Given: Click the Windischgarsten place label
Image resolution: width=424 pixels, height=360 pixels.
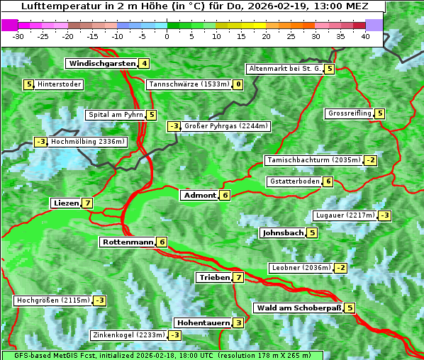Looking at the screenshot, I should pos(101,64).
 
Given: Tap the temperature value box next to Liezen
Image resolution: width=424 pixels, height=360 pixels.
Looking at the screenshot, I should pos(87,203).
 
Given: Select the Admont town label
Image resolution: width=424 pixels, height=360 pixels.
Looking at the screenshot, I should pos(199,196).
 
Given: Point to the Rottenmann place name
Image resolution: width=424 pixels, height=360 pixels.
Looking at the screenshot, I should pos(128,242).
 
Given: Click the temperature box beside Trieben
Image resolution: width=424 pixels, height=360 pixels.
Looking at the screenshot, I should pos(238,278).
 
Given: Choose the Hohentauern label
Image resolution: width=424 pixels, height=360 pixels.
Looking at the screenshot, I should pos(203,323).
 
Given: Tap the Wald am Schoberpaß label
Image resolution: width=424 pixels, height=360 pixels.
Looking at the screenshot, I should pos(298,308).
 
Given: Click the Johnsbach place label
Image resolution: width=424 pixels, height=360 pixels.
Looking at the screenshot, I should pos(283,233).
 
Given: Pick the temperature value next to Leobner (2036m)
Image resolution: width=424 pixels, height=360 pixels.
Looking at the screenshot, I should pos(341,268).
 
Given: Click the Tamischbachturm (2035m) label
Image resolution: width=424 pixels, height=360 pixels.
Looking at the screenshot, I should pos(313,160).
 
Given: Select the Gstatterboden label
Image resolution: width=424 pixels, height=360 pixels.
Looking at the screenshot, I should pos(294,181).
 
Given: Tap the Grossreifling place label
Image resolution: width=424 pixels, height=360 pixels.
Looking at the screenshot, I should pos(350,113).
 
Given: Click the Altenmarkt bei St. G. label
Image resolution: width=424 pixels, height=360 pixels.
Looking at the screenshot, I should pos(284,69).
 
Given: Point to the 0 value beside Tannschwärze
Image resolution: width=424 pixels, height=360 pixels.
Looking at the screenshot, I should pos(238,85).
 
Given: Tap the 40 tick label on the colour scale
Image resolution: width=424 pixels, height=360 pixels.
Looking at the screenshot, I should pos(365,36).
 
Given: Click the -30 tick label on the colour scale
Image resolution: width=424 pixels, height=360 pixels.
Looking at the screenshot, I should pos(18,36).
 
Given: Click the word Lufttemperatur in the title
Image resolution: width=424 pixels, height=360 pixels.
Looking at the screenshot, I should pos(55,6).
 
